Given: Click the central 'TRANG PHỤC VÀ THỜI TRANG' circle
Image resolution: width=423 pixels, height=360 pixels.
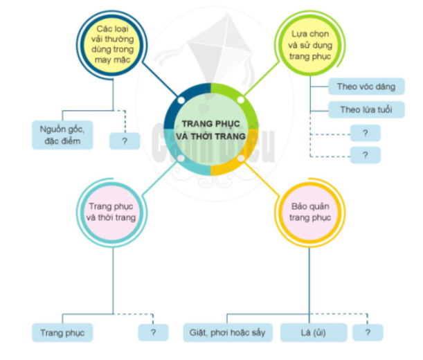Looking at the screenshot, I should click(x=211, y=129).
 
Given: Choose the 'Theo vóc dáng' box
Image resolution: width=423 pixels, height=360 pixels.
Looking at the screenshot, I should click(x=366, y=87).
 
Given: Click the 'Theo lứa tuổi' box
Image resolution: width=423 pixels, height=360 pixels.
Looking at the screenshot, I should click(x=366, y=109).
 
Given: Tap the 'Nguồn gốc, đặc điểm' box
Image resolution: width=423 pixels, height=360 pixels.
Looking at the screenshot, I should click(x=62, y=135).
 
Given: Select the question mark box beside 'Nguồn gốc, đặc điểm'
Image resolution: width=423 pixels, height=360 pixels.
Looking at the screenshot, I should click(x=125, y=141).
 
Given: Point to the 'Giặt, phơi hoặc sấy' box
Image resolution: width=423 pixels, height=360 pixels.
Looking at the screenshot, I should click(x=228, y=332).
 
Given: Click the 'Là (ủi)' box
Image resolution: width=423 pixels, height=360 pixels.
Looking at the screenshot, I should click(x=313, y=332).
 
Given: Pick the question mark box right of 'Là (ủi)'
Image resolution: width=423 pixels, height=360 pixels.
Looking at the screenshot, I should click(x=367, y=332).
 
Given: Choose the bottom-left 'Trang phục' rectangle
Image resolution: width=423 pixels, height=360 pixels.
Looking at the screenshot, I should click(x=62, y=332).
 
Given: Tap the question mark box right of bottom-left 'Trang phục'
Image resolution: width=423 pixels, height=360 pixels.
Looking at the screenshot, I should click(x=153, y=332).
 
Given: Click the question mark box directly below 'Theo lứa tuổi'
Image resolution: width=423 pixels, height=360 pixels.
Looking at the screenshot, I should click(x=365, y=133).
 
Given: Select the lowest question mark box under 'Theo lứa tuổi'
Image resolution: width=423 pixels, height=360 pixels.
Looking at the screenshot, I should click(x=365, y=154).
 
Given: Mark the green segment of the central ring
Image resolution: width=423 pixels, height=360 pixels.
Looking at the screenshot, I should click(x=239, y=98).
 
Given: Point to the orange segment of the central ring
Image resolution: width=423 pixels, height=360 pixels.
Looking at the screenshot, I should click(x=239, y=161).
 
